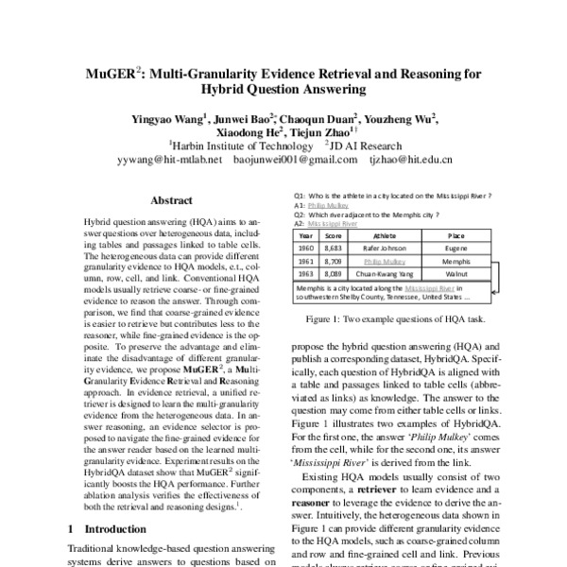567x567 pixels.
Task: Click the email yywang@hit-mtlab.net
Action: pyautogui.click(x=168, y=160)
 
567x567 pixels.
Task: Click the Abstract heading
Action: pyautogui.click(x=172, y=200)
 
